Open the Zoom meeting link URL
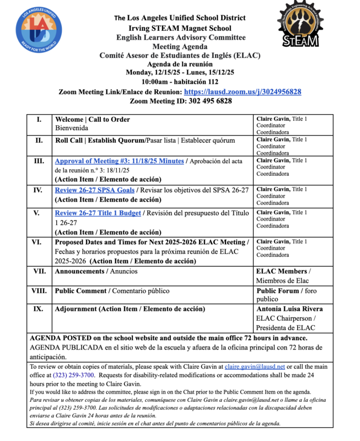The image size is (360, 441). point(242,92)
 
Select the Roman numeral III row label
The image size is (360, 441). point(39,161)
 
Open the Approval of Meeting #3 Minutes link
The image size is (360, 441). point(120,161)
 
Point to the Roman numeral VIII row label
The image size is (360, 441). point(39,291)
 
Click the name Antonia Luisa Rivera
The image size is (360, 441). point(289,309)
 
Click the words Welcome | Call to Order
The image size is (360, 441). point(93,119)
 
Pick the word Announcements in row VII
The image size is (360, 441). point(80,271)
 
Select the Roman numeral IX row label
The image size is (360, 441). point(39,309)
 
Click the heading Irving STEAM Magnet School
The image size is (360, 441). point(180,28)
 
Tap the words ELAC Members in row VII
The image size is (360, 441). point(281,271)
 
